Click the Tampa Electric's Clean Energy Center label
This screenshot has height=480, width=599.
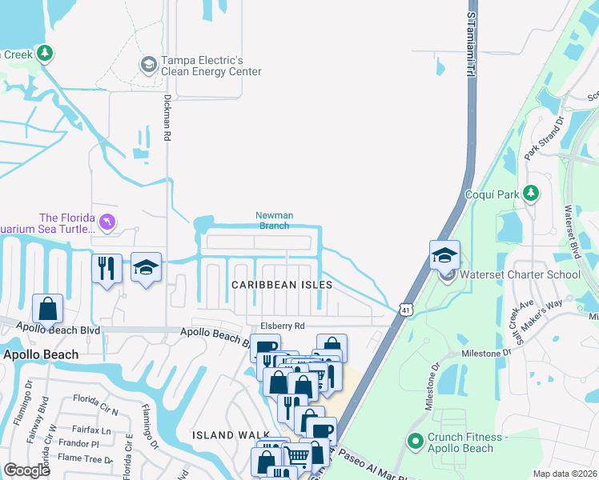211,66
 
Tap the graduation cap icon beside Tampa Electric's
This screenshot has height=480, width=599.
148,64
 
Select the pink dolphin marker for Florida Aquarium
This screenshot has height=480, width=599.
107,222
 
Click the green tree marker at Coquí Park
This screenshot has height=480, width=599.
529,193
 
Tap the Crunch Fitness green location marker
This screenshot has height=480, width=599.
415,440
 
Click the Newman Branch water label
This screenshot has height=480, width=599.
272,220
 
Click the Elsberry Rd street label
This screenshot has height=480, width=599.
283,326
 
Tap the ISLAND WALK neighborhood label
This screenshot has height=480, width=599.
223,435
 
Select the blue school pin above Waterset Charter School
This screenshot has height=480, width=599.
444,255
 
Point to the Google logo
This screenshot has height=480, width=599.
27,470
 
